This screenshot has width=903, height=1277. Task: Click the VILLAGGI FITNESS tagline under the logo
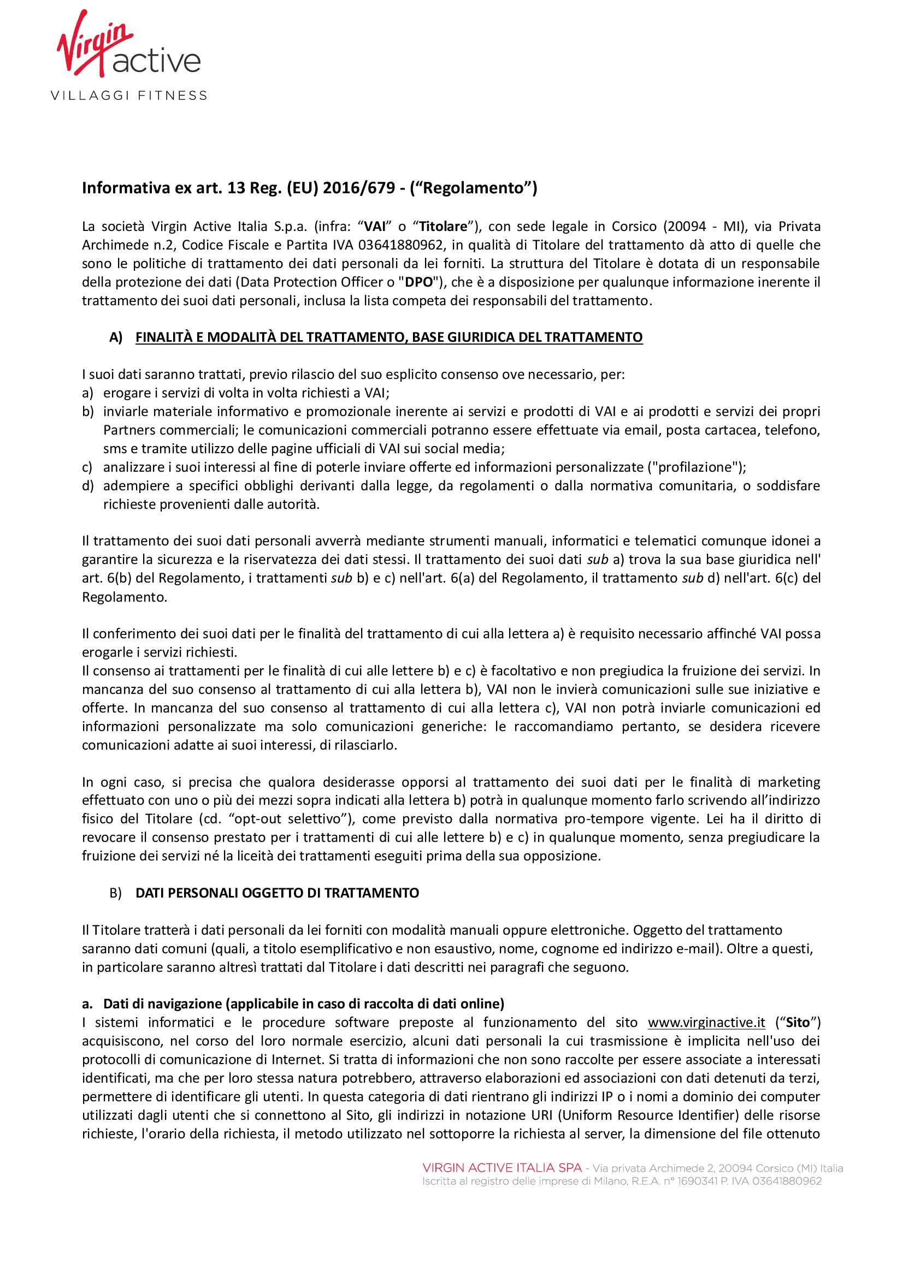[128, 96]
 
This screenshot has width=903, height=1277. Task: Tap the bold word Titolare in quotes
[443, 227]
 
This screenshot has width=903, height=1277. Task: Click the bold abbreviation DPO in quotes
[419, 282]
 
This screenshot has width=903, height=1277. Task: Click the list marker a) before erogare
[87, 393]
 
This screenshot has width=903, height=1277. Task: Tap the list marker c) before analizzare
[87, 467]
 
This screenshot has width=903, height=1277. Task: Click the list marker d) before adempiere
[87, 485]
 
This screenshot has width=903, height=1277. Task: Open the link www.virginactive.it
[706, 1022]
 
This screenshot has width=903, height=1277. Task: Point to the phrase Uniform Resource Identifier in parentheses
[645, 1115]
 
